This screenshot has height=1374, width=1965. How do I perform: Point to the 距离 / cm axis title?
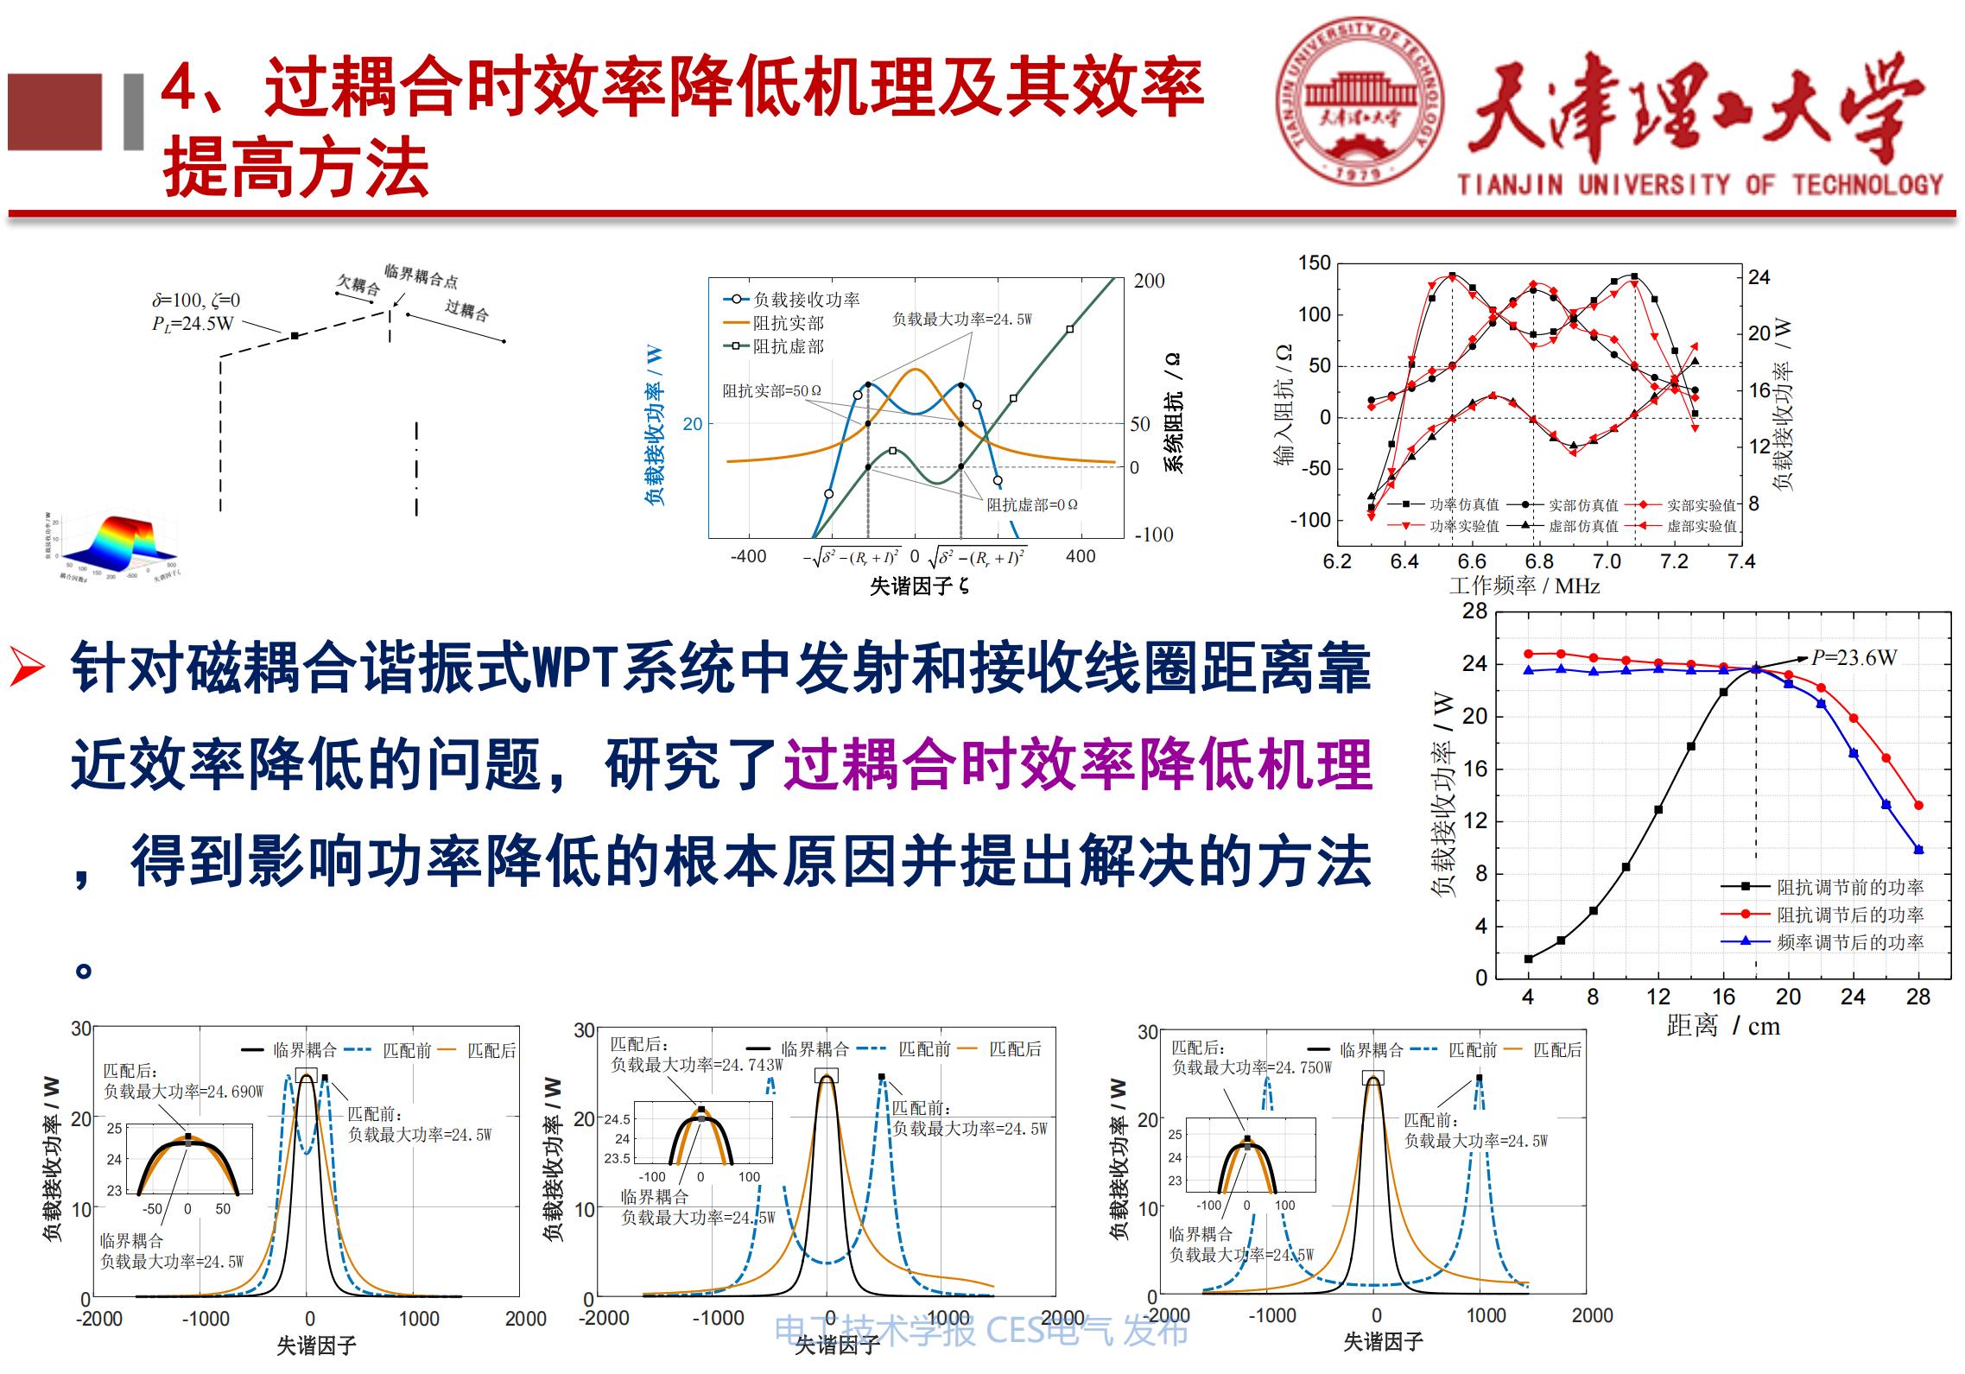click(1722, 1026)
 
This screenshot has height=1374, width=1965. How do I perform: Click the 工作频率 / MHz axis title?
click(1524, 586)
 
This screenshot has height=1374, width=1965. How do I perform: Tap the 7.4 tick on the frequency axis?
click(1740, 561)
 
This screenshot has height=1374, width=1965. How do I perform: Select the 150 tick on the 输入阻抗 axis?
click(1314, 263)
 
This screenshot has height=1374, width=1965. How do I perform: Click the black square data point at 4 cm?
click(1528, 959)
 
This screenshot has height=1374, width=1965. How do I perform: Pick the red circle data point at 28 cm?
click(1918, 806)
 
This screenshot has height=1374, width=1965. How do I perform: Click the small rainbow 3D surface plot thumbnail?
click(116, 545)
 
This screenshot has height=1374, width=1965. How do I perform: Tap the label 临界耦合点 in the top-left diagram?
click(421, 276)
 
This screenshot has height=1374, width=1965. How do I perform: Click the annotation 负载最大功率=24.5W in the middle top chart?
click(961, 320)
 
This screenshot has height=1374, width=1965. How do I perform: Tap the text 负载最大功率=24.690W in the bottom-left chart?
click(183, 1092)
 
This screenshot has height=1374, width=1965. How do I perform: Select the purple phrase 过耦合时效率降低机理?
click(1078, 765)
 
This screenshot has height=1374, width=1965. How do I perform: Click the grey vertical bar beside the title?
click(133, 112)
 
